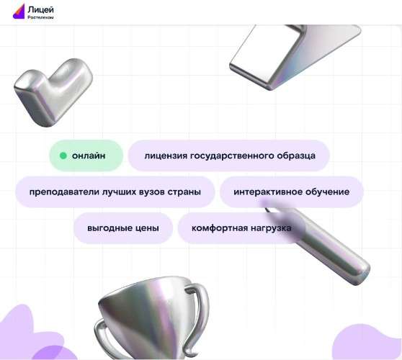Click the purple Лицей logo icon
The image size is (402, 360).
pyautogui.click(x=19, y=11)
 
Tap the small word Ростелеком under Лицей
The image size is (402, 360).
pyautogui.click(x=40, y=17)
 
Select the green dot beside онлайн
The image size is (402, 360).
pyautogui.click(x=63, y=156)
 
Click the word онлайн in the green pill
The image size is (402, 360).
pyautogui.click(x=89, y=156)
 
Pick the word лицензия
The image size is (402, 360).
pyautogui.click(x=166, y=156)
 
